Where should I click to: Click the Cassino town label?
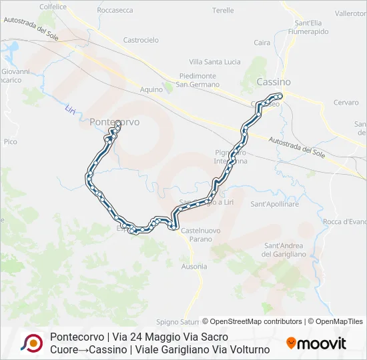pos(274,81)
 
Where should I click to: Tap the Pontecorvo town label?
pos(115,122)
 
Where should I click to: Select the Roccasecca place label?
pos(115,10)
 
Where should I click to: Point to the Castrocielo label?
pos(141,40)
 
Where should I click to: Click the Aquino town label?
pos(151,89)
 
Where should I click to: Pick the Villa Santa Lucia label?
pos(215,62)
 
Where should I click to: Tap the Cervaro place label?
pos(346,103)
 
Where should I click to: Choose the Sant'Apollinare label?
pos(274,204)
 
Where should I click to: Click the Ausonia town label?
pos(194,266)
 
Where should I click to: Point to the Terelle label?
pos(223,11)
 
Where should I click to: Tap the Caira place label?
pos(262,43)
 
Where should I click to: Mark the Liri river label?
pos(71,109)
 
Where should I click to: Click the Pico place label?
pos(10,141)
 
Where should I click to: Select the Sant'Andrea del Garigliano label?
pos(284,249)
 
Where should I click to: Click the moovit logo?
pos(316,343)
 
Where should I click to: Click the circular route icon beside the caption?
pos(31,343)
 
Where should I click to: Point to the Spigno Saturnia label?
pos(181,321)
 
